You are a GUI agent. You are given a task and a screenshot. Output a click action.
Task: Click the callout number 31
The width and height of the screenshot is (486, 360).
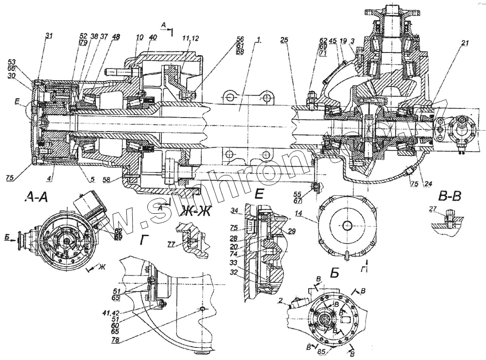click(49, 35)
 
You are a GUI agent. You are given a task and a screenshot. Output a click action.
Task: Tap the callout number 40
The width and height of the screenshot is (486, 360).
click(153, 37)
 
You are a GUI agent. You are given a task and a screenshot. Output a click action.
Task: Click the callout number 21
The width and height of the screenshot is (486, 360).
click(465, 43)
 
